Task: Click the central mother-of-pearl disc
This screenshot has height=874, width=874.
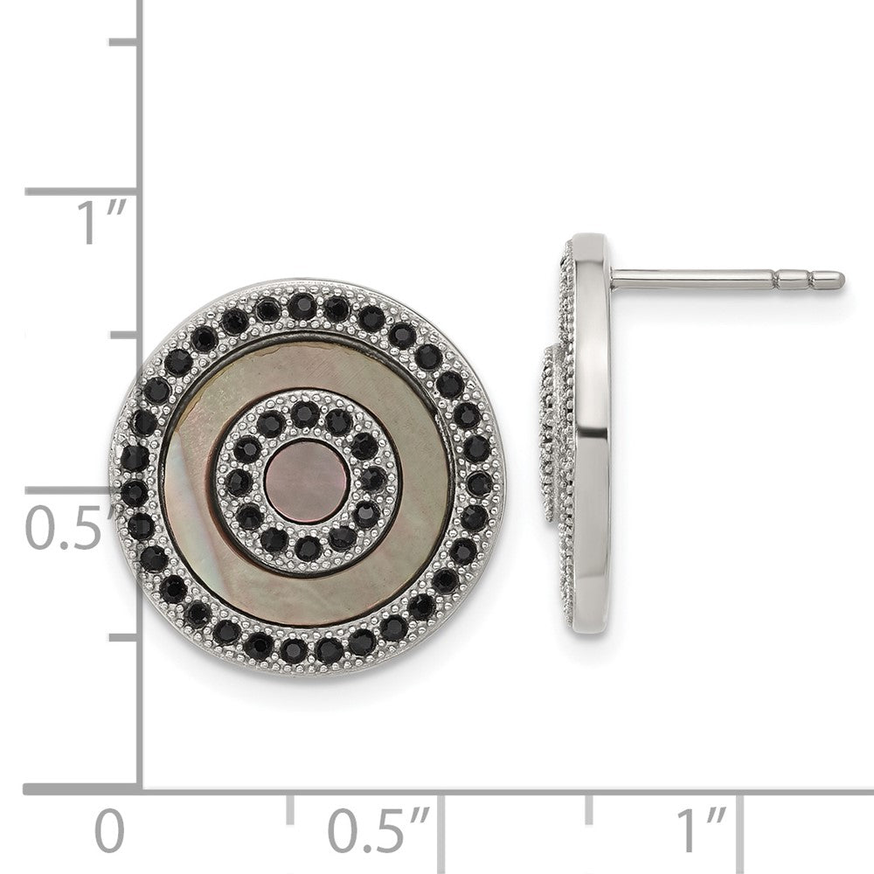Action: pos(307,482)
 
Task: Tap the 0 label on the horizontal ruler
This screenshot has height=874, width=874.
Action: pos(109,830)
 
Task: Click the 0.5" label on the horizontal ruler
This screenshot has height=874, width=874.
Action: pos(378,830)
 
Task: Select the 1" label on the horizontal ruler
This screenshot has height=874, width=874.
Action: pos(701,829)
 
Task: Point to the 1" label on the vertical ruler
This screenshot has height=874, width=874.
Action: pos(101,222)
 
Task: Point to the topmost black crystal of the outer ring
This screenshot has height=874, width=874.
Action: pos(302,305)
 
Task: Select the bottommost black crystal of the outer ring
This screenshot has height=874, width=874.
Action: pos(294,650)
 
